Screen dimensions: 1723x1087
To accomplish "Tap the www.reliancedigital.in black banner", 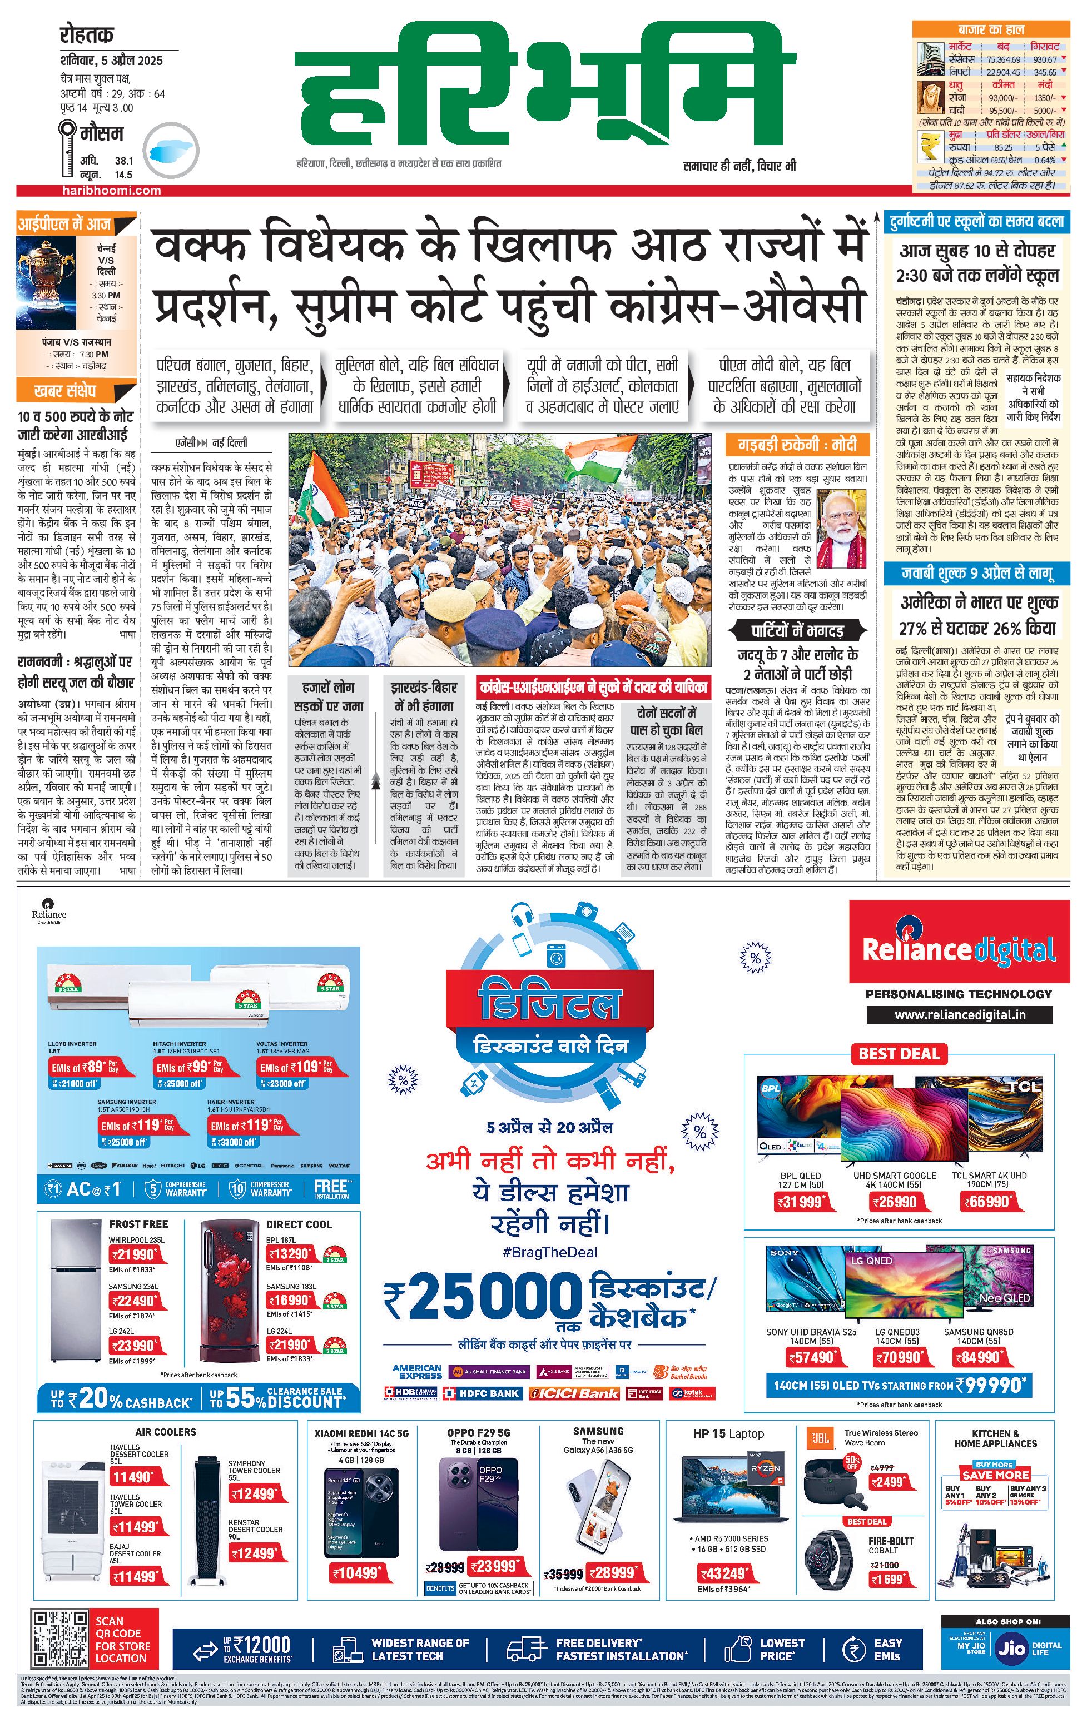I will click(x=959, y=1014).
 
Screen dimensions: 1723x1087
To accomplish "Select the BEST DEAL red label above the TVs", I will click(x=899, y=1053).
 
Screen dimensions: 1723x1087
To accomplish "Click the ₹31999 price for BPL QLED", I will click(x=801, y=1202).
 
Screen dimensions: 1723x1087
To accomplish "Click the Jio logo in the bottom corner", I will click(x=1012, y=1649).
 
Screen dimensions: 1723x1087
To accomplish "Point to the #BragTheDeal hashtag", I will click(x=550, y=1252).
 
